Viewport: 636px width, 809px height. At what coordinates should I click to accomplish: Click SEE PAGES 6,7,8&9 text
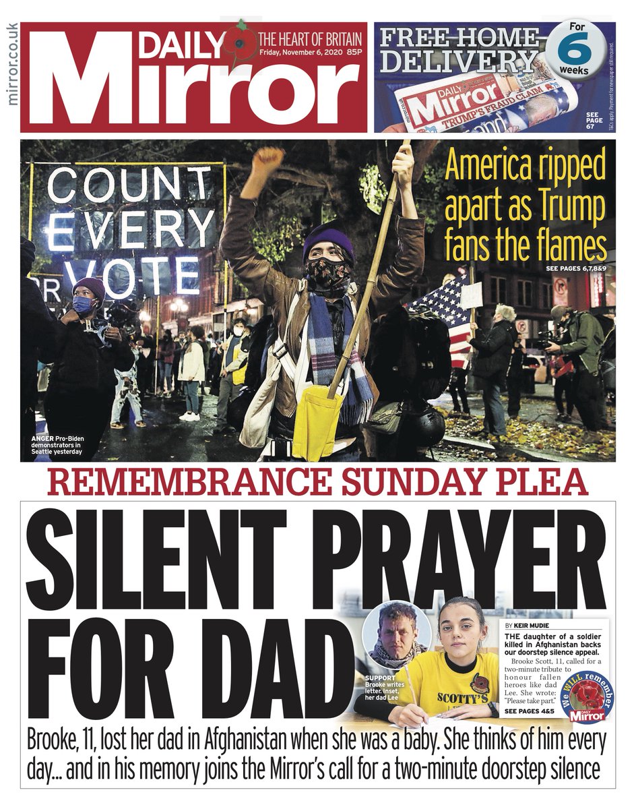click(x=575, y=270)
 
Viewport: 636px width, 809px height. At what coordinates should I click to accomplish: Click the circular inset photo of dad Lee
click(x=396, y=632)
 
